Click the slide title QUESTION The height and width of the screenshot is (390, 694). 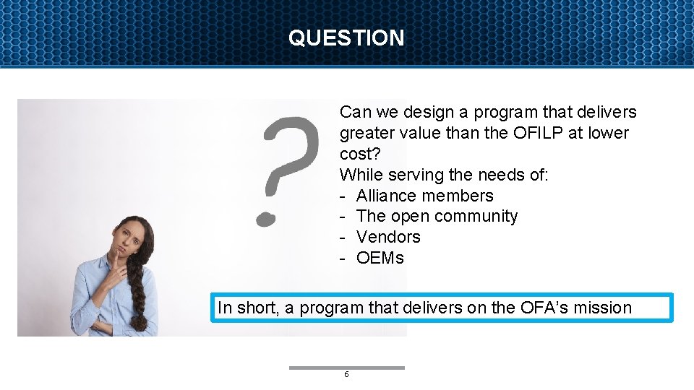346,38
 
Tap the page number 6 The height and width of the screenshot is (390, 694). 346,374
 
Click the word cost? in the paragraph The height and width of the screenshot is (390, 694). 359,154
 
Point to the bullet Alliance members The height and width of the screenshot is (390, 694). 424,196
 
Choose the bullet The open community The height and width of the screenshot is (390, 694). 437,216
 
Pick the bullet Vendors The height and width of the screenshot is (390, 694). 388,237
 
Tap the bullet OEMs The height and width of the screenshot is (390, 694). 380,258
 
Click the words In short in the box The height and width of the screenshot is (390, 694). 248,308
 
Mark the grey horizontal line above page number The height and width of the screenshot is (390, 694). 346,368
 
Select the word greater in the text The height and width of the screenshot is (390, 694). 366,133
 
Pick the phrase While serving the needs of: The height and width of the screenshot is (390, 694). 444,175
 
